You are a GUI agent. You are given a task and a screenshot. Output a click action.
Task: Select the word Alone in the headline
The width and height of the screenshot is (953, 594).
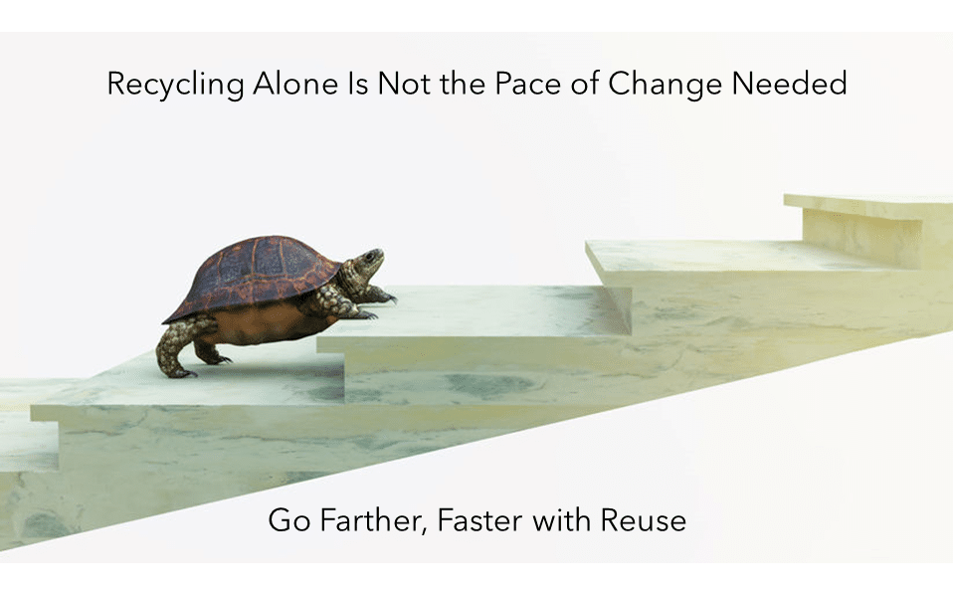click(x=295, y=84)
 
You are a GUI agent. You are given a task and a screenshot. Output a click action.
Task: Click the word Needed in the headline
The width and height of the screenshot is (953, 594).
click(x=789, y=84)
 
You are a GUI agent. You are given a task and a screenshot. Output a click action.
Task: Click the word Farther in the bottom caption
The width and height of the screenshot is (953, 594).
click(x=370, y=521)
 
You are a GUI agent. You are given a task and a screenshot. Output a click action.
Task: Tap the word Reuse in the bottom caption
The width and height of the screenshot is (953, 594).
click(x=644, y=521)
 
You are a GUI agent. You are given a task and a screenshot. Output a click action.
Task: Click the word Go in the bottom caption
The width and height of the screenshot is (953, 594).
click(x=289, y=521)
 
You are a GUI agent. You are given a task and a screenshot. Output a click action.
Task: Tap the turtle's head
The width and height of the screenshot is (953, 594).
click(x=367, y=261)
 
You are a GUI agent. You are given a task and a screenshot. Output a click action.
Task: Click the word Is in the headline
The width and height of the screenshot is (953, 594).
click(x=358, y=84)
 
